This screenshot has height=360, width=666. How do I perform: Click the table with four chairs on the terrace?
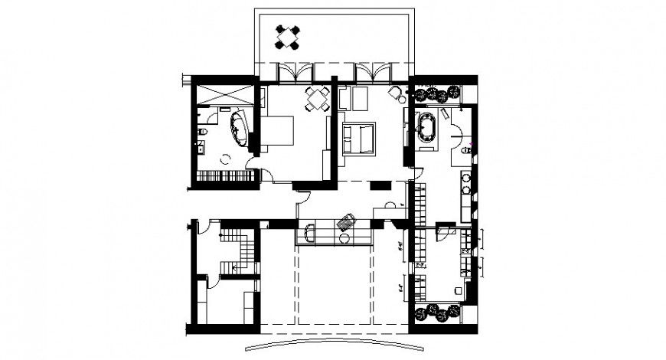288,37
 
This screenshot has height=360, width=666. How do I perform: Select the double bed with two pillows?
358,138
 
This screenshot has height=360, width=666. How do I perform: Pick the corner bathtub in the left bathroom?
240,129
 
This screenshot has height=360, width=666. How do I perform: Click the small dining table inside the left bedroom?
317,99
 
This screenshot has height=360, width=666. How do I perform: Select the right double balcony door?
375,72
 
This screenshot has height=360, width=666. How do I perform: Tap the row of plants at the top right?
436,94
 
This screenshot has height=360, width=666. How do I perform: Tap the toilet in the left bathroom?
201,136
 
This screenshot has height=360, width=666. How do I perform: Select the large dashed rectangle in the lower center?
335,283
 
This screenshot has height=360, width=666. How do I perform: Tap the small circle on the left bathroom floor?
225,159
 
